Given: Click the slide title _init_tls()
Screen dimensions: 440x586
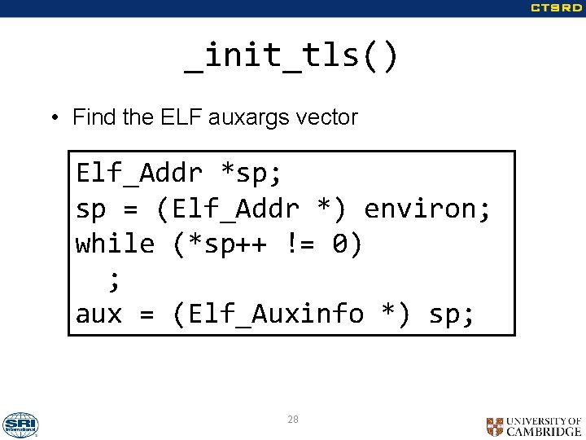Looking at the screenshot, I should point(292,57).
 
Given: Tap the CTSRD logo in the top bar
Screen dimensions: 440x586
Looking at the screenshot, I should point(557,8).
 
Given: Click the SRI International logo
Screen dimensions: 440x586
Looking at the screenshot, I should point(20,425).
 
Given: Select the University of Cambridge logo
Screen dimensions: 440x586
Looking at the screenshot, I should point(534,426).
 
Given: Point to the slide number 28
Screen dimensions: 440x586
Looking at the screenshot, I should point(293,420).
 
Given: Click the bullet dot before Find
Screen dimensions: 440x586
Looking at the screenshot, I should point(53,118).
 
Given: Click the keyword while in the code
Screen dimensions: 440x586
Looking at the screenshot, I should point(115,244).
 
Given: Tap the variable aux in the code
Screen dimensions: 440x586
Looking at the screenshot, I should point(99,314).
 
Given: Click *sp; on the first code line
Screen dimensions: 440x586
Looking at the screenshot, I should point(251,174).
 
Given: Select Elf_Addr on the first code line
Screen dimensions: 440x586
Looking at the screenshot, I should point(139,174).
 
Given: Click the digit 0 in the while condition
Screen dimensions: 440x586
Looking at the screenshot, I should point(340,244).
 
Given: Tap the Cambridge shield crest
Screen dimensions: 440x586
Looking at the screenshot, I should point(495,426).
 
